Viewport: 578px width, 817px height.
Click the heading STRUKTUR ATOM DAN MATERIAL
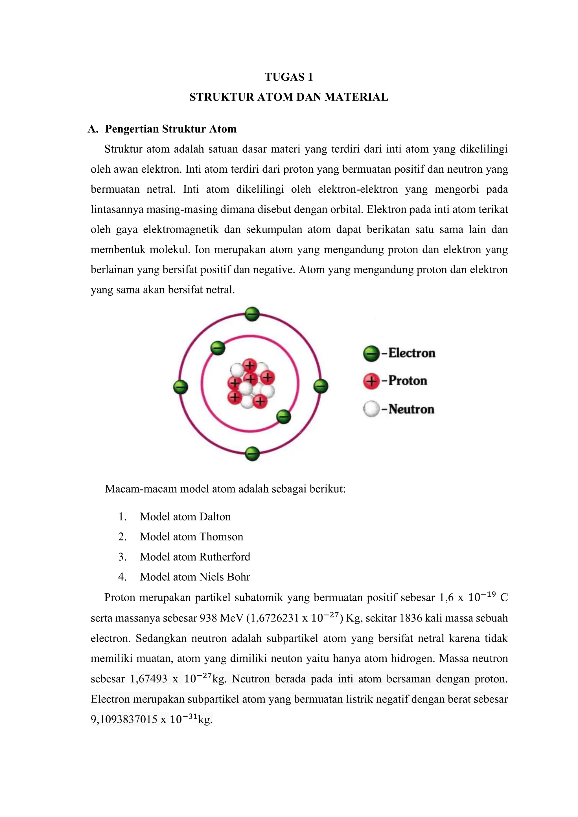click(x=289, y=97)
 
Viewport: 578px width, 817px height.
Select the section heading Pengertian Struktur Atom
click(x=170, y=129)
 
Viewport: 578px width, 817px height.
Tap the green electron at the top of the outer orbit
click(x=252, y=314)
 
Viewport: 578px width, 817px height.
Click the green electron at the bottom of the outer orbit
click(x=252, y=454)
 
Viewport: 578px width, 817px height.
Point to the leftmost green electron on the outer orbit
click(x=180, y=387)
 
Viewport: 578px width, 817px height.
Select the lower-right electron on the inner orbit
click(x=284, y=416)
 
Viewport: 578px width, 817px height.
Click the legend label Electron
click(x=411, y=353)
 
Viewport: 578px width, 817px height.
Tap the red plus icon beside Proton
click(x=371, y=381)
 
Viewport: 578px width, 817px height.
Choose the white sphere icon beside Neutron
click(x=371, y=409)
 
